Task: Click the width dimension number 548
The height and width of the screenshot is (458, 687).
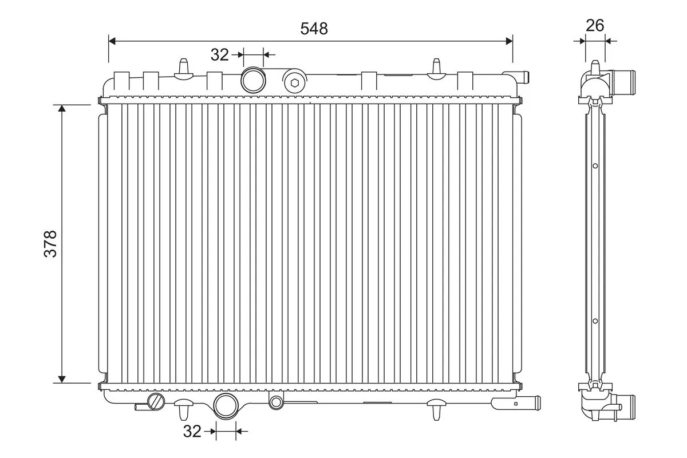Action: tap(314, 28)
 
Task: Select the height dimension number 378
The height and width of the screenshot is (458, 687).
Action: tap(50, 244)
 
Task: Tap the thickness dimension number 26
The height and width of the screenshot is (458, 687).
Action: tap(595, 25)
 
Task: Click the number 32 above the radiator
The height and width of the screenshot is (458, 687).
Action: tap(219, 55)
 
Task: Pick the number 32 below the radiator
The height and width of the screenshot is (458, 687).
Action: tap(193, 432)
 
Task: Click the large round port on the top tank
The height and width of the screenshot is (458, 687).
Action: tap(252, 80)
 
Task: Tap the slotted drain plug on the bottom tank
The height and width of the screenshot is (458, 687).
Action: tap(155, 401)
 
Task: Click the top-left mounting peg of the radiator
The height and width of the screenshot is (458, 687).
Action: tap(184, 68)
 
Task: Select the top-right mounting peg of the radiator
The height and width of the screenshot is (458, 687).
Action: tap(437, 68)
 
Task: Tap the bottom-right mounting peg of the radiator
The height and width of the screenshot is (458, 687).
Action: tap(437, 410)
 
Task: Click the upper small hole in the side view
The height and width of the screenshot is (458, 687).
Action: tap(595, 166)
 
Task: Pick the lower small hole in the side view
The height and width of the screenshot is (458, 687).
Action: tap(595, 321)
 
